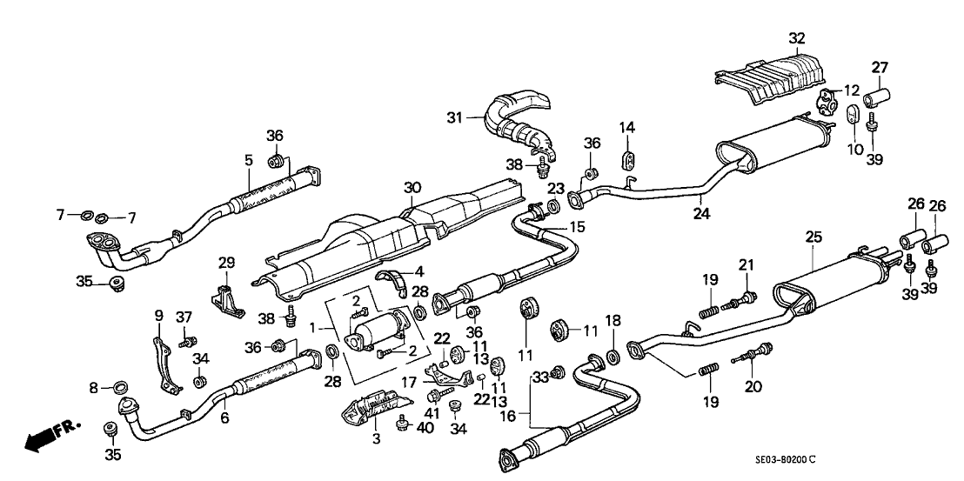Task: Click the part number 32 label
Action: pyautogui.click(x=797, y=38)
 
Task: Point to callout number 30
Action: pyautogui.click(x=412, y=187)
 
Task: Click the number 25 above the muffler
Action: pyautogui.click(x=813, y=237)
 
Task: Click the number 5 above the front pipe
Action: pyautogui.click(x=249, y=160)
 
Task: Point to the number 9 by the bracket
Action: pyautogui.click(x=159, y=315)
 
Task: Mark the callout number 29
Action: pyautogui.click(x=226, y=262)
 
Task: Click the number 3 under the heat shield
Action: pyautogui.click(x=377, y=439)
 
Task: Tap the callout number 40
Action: pyautogui.click(x=424, y=427)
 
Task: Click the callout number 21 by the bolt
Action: pyautogui.click(x=746, y=265)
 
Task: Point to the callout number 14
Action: pyautogui.click(x=627, y=128)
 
